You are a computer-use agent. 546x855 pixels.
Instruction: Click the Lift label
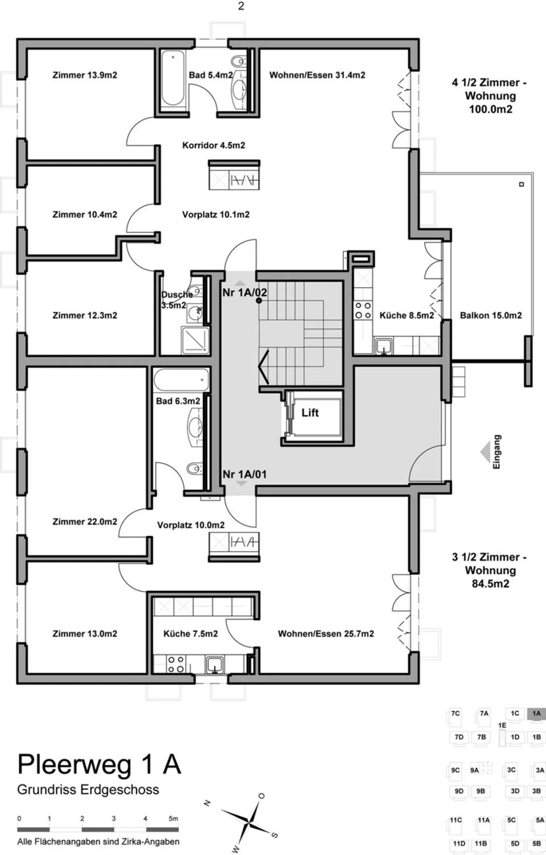click(310, 413)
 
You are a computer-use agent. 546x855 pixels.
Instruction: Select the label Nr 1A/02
click(245, 293)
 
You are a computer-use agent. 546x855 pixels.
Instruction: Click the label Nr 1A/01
click(245, 474)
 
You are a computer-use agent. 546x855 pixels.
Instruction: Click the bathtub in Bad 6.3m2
click(182, 380)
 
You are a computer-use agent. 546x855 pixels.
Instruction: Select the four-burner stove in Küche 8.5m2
click(363, 310)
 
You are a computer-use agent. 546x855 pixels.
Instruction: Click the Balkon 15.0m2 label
click(491, 315)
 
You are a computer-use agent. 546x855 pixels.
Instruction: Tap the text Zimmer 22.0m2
click(85, 521)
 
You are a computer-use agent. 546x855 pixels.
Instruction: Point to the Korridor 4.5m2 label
click(213, 145)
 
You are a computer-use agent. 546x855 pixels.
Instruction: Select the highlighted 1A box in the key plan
click(536, 713)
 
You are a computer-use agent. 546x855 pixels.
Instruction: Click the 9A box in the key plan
click(475, 770)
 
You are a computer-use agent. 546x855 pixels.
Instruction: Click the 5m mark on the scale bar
click(173, 819)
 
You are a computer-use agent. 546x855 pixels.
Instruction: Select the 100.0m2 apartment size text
click(491, 109)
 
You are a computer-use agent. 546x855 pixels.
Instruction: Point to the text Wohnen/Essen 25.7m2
click(326, 634)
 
